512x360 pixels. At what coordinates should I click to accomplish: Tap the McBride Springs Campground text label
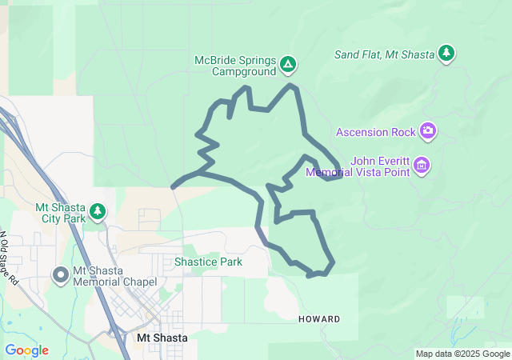pyautogui.click(x=234, y=66)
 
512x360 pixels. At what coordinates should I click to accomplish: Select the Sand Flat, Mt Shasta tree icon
pyautogui.click(x=446, y=54)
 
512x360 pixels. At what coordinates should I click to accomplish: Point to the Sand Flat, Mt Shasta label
pyautogui.click(x=384, y=54)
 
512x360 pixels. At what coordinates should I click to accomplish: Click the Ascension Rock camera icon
pyautogui.click(x=429, y=130)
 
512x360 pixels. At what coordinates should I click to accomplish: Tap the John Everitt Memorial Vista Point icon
pyautogui.click(x=422, y=166)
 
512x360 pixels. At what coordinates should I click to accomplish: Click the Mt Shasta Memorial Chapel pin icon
pyautogui.click(x=60, y=275)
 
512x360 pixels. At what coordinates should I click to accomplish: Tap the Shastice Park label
pyautogui.click(x=208, y=262)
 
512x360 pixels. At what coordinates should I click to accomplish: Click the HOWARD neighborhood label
pyautogui.click(x=319, y=319)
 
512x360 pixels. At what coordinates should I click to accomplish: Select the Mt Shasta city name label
pyautogui.click(x=162, y=338)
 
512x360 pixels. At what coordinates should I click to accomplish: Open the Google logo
pyautogui.click(x=26, y=350)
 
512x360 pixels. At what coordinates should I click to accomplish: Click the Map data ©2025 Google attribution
pyautogui.click(x=462, y=354)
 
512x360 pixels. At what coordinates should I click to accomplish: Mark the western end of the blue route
pyautogui.click(x=174, y=186)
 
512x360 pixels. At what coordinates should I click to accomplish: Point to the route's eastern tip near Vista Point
pyautogui.click(x=342, y=176)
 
